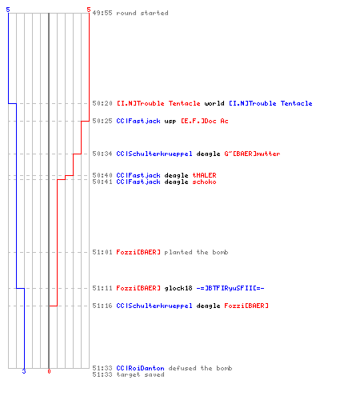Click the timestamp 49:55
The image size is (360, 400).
[102, 13]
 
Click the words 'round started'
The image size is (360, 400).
[142, 13]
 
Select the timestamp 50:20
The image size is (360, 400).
[102, 103]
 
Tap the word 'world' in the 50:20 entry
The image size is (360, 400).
[214, 103]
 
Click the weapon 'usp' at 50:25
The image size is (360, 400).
[170, 122]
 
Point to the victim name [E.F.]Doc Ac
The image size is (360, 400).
[205, 121]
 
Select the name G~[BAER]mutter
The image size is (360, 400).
[252, 154]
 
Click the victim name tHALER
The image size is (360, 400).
[204, 175]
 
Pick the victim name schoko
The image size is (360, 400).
[204, 182]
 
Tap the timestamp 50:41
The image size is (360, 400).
[102, 182]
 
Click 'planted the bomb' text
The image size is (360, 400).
[196, 252]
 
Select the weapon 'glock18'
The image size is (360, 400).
[178, 288]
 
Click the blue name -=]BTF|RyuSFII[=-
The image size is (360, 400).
[230, 288]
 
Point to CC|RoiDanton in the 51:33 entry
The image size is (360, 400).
[140, 368]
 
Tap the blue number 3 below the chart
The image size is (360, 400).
[24, 371]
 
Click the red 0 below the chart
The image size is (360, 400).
[49, 371]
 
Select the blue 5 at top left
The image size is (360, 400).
[8, 10]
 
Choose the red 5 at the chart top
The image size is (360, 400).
[89, 10]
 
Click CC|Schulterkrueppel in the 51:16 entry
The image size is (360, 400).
[154, 306]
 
